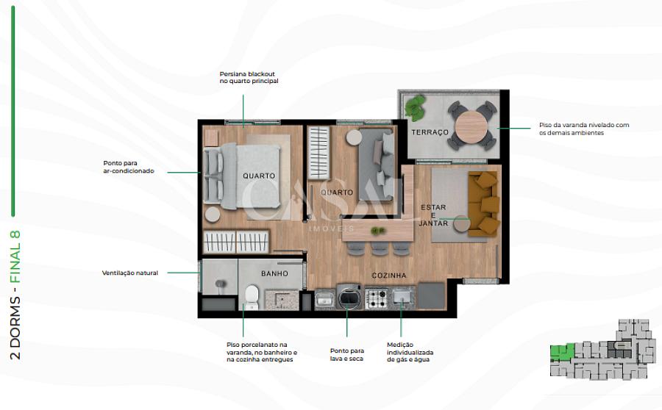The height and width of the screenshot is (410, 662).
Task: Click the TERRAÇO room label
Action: click(430, 132)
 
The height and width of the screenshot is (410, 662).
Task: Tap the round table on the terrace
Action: click(471, 126)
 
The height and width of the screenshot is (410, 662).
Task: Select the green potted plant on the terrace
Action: click(416, 107)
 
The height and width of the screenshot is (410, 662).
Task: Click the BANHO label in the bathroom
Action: click(274, 274)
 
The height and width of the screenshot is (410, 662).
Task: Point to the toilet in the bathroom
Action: click(252, 297)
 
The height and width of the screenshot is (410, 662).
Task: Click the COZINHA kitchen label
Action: click(389, 276)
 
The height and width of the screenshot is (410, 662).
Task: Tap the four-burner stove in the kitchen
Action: click(376, 298)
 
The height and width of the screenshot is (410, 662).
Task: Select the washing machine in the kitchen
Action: click(349, 296)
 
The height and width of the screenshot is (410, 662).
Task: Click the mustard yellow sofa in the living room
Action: click(483, 204)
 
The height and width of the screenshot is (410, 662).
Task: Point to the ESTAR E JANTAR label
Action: click(433, 215)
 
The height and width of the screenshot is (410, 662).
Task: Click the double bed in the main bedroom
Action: click(242, 176)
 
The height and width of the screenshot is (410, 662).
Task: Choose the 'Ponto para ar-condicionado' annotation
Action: click(129, 167)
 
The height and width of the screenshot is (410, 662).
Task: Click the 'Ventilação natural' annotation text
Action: click(130, 273)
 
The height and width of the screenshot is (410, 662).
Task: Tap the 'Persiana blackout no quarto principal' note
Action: click(249, 78)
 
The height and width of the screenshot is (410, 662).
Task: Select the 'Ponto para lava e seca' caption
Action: click(346, 355)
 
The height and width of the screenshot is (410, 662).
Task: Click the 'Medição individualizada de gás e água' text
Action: click(410, 352)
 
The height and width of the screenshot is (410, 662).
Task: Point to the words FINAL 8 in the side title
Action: click(15, 256)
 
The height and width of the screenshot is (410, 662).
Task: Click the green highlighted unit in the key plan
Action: click(562, 352)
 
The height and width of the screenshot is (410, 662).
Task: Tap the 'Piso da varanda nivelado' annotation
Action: click(584, 129)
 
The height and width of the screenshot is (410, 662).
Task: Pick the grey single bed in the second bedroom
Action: click(377, 164)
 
